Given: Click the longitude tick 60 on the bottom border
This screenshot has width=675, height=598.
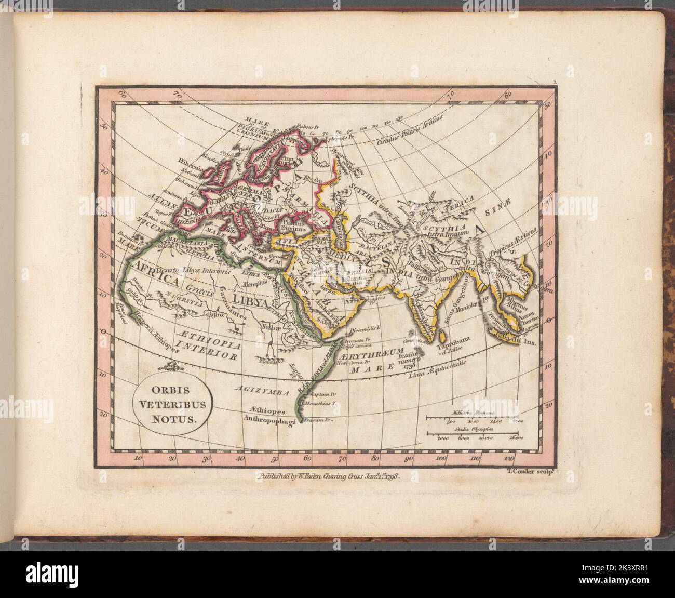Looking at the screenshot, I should tap(307, 458).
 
